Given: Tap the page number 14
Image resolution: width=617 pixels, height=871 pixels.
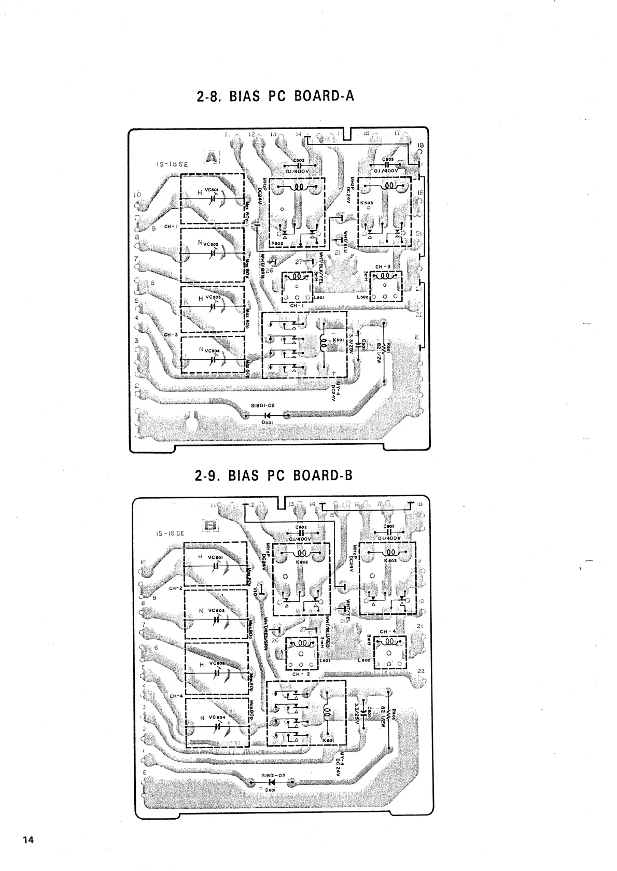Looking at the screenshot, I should (28, 840).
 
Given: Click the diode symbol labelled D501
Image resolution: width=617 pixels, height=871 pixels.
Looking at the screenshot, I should (268, 415).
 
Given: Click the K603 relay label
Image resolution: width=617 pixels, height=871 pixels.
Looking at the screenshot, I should (390, 560).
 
